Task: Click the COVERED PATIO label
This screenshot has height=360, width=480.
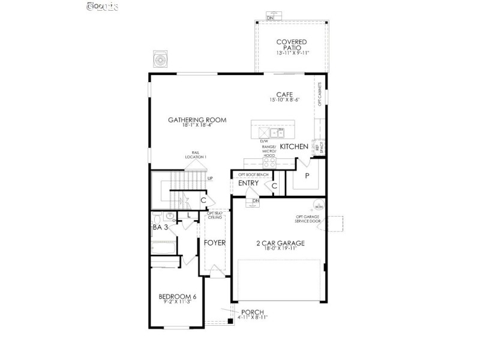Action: tap(292, 45)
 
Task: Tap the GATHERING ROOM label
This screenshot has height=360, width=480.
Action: tap(197, 120)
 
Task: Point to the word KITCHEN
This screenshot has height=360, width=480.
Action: tap(294, 146)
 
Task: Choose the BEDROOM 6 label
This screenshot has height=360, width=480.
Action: tap(178, 296)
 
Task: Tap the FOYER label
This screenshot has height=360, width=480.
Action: tap(214, 243)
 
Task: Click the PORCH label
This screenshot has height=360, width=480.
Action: tap(252, 312)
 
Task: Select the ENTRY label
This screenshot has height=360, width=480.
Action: tap(248, 184)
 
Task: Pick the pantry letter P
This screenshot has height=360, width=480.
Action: tap(307, 176)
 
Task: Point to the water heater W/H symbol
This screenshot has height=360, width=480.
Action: tap(318, 205)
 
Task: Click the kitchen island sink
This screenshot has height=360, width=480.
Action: tap(276, 132)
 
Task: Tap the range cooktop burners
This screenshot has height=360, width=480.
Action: tap(269, 161)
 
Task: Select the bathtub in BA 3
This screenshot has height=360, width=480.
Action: tap(163, 247)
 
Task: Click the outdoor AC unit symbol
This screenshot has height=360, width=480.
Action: tap(160, 59)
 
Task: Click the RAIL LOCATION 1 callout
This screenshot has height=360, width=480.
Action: tap(196, 155)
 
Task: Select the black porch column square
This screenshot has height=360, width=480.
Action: tap(230, 322)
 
